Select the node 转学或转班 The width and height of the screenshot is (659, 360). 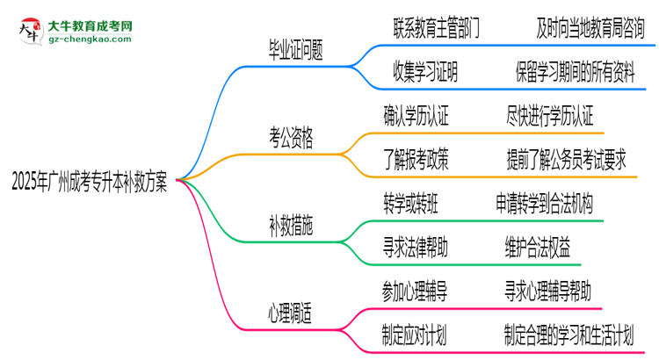point(418,204)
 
